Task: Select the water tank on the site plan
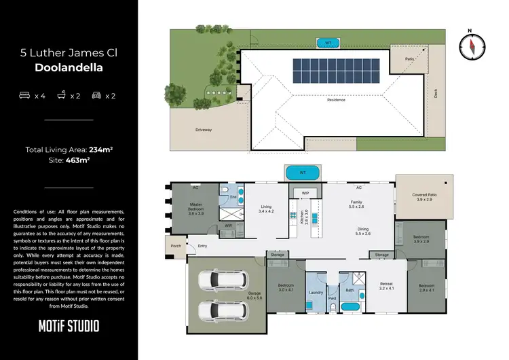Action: pyautogui.click(x=328, y=43)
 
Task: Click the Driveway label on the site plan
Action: pyautogui.click(x=204, y=129)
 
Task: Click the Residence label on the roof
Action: pyautogui.click(x=336, y=100)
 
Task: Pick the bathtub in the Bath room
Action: pyautogui.click(x=351, y=307)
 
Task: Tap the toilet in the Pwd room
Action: pyautogui.click(x=333, y=308)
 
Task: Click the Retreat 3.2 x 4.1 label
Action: pyautogui.click(x=386, y=286)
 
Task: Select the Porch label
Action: pyautogui.click(x=176, y=246)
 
